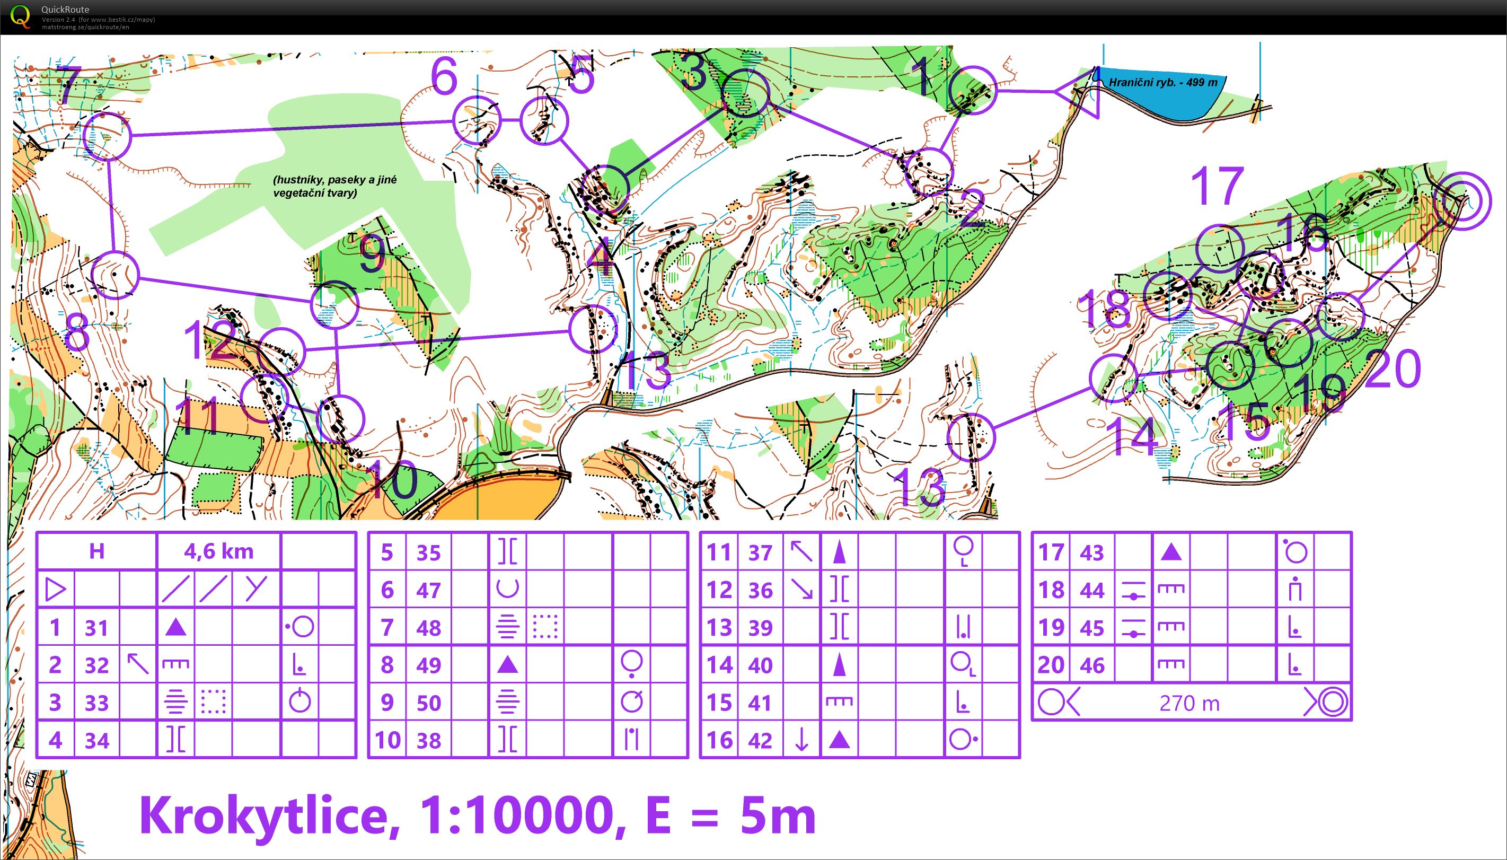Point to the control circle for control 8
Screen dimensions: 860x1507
(116, 275)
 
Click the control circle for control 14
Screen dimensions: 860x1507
(1113, 378)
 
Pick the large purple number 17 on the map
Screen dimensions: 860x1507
(1217, 186)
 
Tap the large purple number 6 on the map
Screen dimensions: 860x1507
(444, 77)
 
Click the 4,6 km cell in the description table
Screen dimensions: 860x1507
(218, 551)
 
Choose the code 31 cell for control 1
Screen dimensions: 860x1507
(96, 627)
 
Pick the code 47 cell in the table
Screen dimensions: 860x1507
(428, 590)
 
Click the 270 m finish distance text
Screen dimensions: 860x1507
(1189, 703)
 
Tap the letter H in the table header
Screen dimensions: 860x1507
(96, 551)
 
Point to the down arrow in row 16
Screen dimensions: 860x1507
(801, 740)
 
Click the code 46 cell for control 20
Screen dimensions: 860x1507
(1092, 665)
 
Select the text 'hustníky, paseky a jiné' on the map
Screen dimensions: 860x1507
(335, 180)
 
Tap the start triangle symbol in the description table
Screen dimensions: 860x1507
(56, 590)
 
